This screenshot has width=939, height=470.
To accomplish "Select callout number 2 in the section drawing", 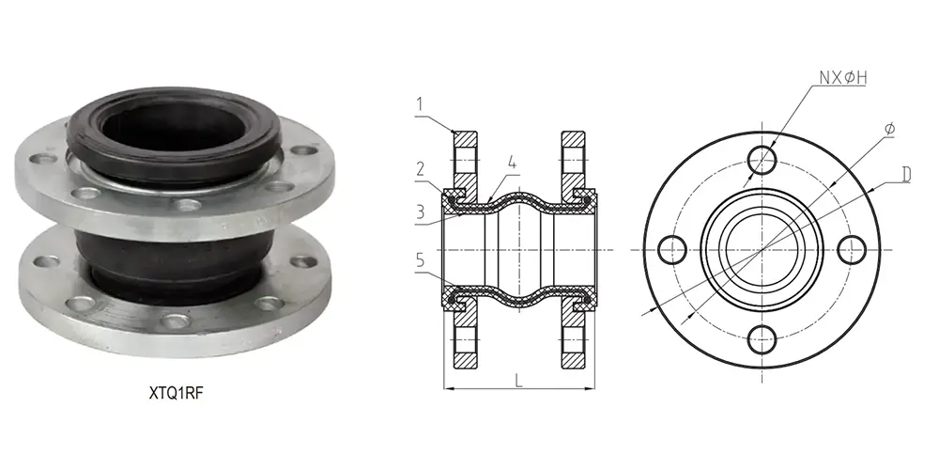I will tap(422, 169).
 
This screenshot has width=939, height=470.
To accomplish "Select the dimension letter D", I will tap(906, 175).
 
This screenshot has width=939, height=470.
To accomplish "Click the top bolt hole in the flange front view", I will tap(764, 159).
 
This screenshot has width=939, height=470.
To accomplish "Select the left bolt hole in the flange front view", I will tap(673, 249).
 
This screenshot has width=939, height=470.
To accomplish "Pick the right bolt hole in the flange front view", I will tap(852, 249).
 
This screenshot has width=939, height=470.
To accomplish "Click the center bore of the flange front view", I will tap(762, 249).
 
